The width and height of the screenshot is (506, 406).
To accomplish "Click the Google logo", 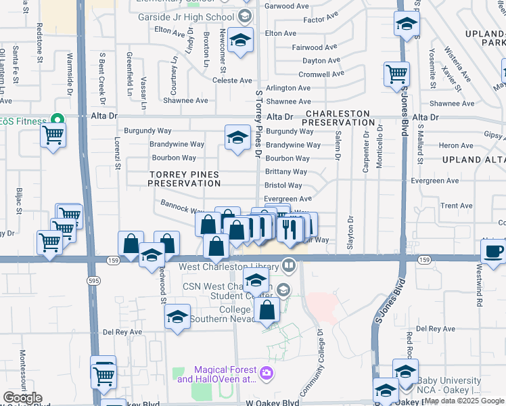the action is coord(22,398).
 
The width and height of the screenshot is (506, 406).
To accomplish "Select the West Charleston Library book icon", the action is coord(290,265).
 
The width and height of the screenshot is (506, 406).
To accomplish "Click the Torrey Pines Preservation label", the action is coord(184,179).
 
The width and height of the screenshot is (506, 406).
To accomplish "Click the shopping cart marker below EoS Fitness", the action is coord(53,135).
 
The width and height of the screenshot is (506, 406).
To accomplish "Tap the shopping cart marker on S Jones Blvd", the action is coord(397,74).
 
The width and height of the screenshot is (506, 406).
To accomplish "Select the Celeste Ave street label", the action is coord(232,81).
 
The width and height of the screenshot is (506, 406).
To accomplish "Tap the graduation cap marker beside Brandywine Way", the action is coord(237,138).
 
